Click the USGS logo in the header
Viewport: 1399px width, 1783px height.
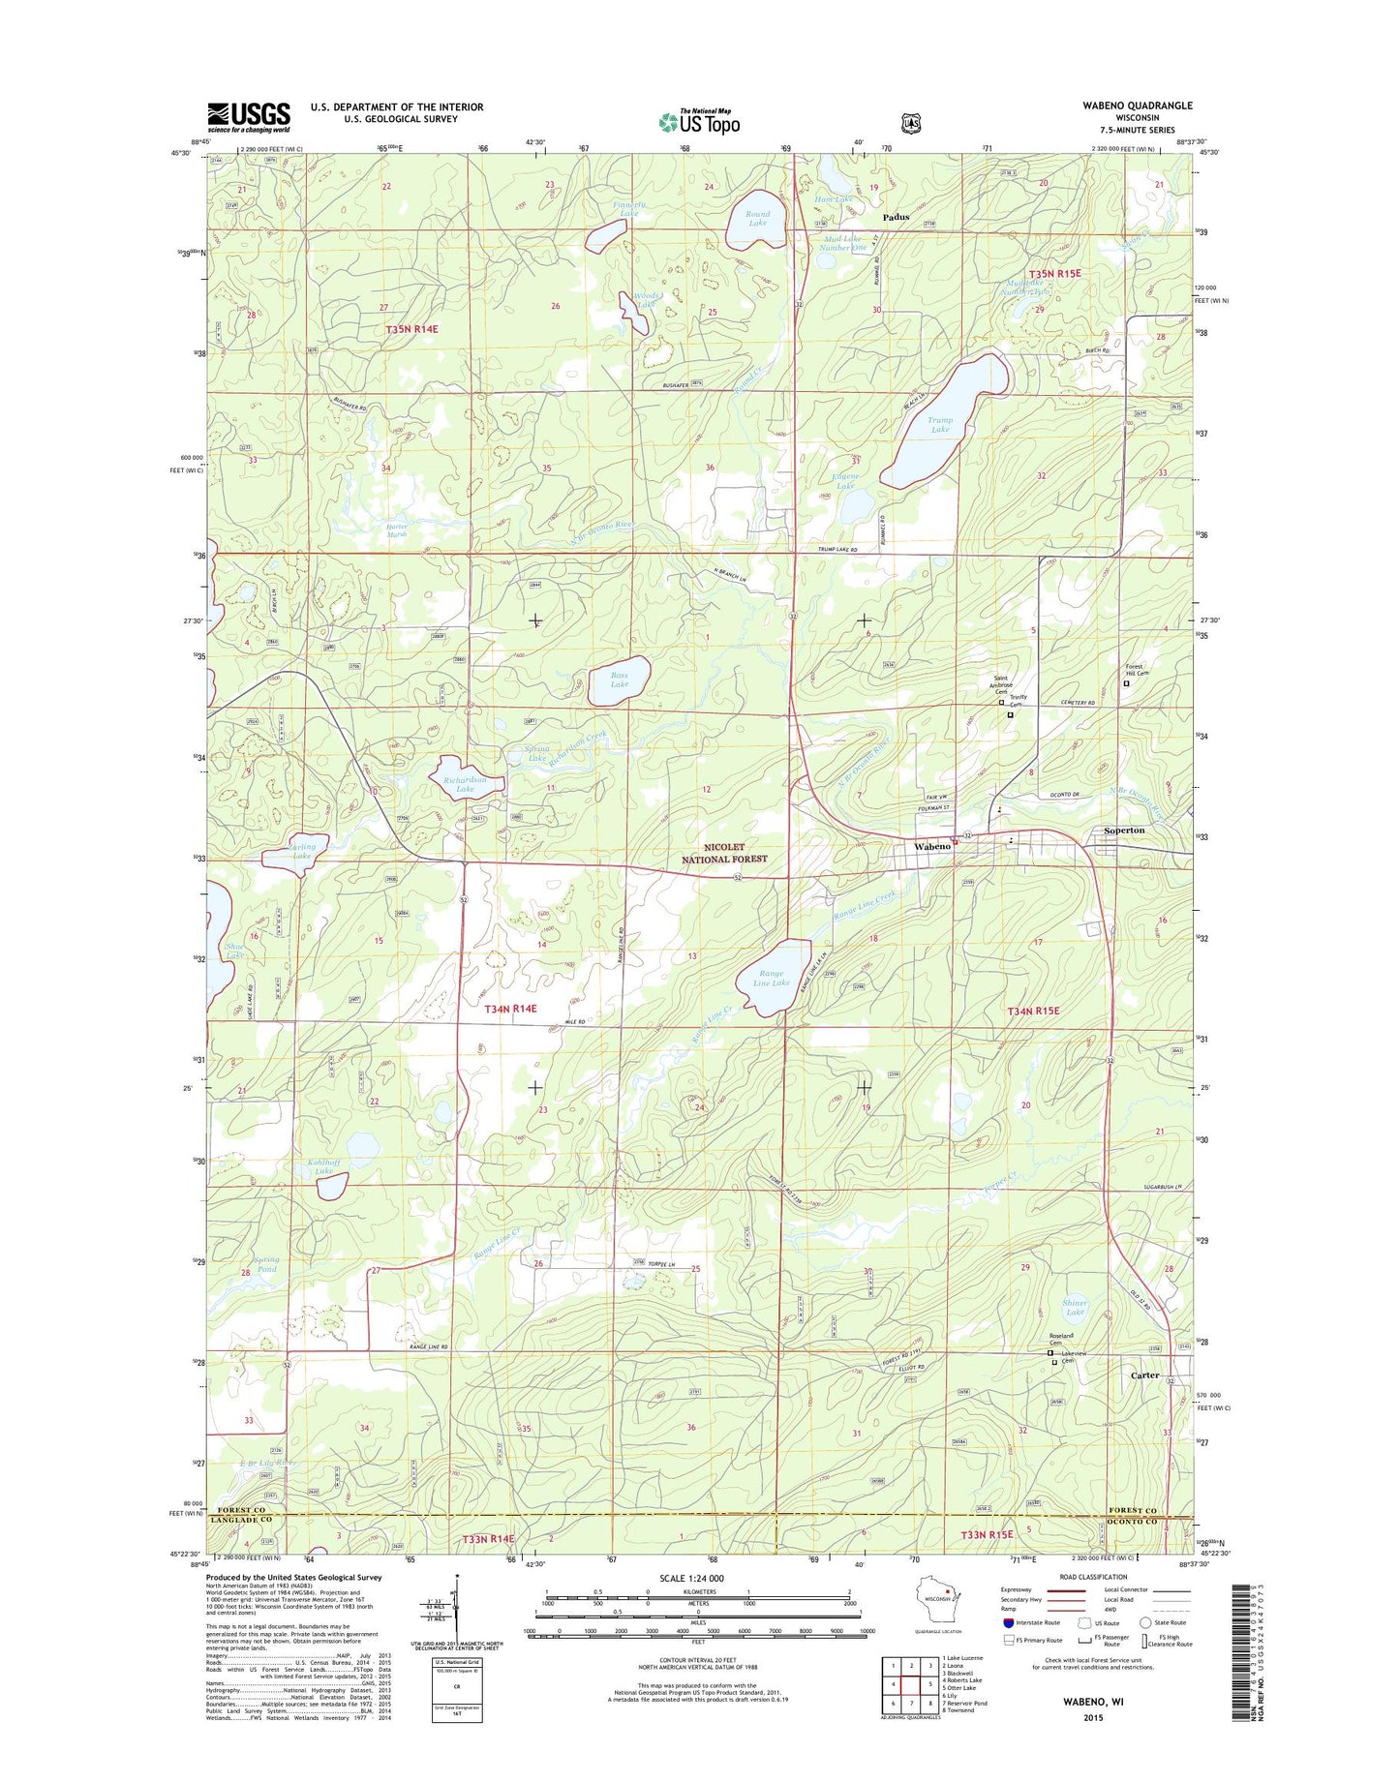coord(248,117)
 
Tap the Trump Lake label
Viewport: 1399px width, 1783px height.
coord(940,424)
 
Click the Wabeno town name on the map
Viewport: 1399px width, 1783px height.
coord(932,847)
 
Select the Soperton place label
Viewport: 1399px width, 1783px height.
coord(1124,831)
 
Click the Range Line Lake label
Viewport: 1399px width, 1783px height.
coord(772,978)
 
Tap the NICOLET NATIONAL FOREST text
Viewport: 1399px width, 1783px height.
coord(724,853)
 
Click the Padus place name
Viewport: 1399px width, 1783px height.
coord(896,217)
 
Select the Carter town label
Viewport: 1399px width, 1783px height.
coord(1145,1375)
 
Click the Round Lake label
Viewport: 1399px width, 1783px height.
coord(757,219)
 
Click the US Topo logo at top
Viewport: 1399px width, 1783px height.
coord(700,122)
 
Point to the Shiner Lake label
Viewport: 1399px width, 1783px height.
coord(1075,1307)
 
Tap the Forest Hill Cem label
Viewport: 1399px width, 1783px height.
coord(1135,670)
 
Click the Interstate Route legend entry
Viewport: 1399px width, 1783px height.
coord(1032,1623)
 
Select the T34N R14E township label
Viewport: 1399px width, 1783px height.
coord(510,1009)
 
